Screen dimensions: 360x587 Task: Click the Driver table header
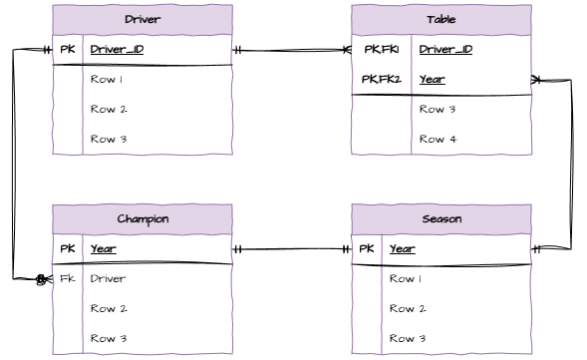[143, 19]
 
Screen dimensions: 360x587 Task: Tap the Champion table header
[143, 218]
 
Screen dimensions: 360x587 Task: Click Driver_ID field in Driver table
[118, 49]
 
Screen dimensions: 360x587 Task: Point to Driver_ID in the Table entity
[445, 49]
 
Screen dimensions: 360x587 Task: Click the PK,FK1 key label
[382, 49]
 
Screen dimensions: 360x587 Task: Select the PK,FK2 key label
[382, 79]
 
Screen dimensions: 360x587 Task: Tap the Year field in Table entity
[432, 79]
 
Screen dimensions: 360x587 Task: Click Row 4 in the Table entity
[438, 139]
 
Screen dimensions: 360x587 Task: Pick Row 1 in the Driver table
[107, 79]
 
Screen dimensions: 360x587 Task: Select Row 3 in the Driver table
[107, 139]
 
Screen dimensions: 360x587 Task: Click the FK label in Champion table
[67, 278]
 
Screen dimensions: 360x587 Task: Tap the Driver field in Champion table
[108, 278]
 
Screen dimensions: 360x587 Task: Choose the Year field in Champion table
[103, 248]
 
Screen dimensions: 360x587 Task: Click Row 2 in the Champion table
[107, 308]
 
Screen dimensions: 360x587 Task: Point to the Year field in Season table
[402, 248]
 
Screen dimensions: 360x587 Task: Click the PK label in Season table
[366, 248]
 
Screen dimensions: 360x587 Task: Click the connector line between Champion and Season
[292, 248]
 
